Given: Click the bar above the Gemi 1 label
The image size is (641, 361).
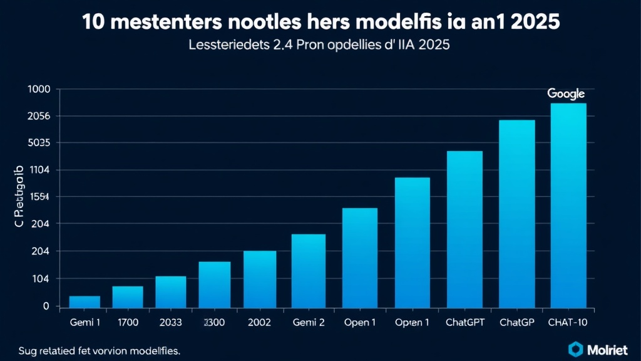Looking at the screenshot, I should click(85, 301).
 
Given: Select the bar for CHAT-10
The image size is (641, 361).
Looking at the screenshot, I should click(568, 205).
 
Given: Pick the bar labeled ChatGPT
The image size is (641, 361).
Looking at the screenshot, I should click(464, 229).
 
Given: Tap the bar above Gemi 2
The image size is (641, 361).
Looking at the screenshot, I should click(309, 270).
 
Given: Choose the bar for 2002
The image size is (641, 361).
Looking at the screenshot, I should click(260, 279).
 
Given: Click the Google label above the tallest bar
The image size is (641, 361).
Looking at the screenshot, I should click(566, 93).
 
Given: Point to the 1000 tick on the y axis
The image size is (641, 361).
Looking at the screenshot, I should click(39, 89).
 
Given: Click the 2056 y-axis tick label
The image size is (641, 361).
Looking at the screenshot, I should click(39, 116).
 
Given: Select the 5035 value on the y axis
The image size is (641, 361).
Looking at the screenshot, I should click(39, 143).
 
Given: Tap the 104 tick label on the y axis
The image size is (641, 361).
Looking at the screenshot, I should click(39, 279).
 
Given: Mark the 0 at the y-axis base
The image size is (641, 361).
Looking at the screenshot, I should click(46, 306).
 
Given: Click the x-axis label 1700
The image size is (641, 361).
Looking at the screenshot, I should click(128, 323).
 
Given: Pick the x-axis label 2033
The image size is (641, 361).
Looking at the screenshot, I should click(170, 323).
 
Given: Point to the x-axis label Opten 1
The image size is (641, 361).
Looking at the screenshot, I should click(412, 323).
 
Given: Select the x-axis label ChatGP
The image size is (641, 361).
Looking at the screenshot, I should click(516, 323).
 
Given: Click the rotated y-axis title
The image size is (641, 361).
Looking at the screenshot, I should click(18, 197).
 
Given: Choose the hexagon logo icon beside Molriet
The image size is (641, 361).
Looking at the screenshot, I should click(575, 348).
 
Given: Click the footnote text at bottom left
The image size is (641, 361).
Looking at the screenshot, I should click(100, 351).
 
